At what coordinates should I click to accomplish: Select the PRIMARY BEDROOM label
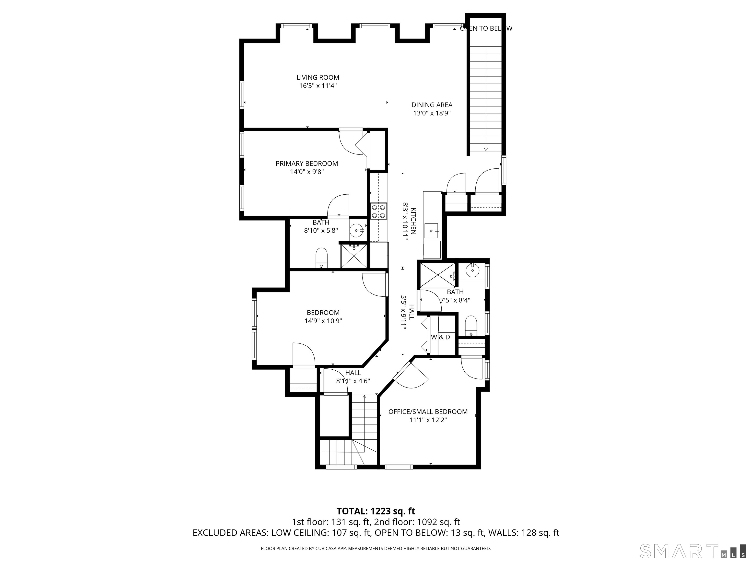[x=307, y=164]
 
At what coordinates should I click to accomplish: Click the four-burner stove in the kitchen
[x=379, y=211]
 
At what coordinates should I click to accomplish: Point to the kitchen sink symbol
[x=432, y=231]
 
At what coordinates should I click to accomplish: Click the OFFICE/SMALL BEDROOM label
[x=428, y=412]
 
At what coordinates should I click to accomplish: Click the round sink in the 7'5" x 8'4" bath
[x=472, y=270]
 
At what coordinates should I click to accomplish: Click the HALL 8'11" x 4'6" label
[x=353, y=377]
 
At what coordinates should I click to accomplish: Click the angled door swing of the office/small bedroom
[x=413, y=377]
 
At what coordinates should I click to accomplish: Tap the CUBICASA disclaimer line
[x=376, y=548]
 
